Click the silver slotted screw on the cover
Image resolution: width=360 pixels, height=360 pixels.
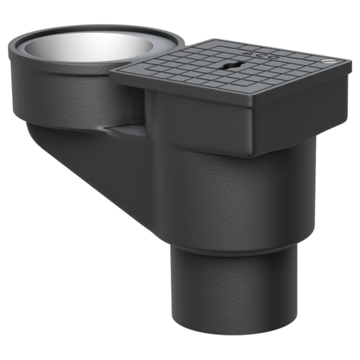click(x=329, y=61)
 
